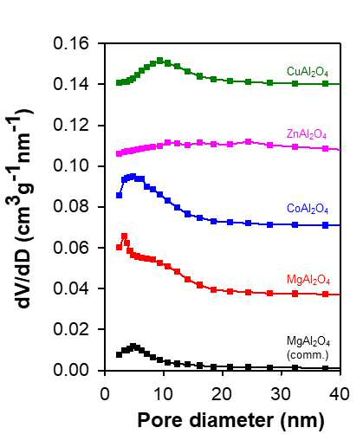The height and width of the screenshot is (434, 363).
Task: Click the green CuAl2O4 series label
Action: tap(308, 72)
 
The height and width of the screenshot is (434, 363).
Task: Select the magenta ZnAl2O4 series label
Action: tap(307, 134)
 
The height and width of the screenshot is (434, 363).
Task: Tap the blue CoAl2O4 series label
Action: tap(308, 209)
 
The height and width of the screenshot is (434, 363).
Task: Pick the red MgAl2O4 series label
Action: tap(308, 280)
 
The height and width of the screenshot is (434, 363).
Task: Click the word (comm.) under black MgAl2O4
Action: tap(308, 355)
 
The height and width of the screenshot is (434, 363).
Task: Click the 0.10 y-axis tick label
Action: tap(71, 166)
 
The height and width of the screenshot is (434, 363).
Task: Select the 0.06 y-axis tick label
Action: tap(71, 248)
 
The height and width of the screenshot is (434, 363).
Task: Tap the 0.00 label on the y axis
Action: tap(71, 370)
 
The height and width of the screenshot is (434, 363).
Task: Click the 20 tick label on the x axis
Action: tap(223, 394)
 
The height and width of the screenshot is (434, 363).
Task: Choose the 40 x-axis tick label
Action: tap(340, 394)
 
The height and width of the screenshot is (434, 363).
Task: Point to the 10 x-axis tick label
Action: tap(164, 394)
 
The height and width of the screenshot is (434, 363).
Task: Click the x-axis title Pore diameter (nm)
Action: tap(230, 420)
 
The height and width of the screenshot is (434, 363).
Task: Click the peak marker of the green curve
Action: tap(160, 61)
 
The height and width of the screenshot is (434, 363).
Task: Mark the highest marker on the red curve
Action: tap(125, 236)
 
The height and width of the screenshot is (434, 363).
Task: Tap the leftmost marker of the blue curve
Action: tap(119, 195)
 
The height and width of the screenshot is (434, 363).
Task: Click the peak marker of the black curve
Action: tap(133, 346)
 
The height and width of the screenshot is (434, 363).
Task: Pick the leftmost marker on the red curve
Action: tap(119, 247)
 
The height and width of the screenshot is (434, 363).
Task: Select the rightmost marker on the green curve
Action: tap(326, 84)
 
